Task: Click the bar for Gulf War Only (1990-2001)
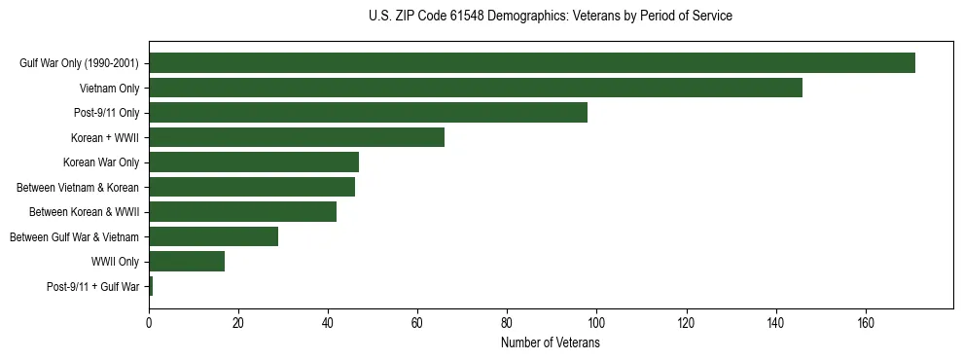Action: tap(532, 63)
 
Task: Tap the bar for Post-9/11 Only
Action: tap(368, 113)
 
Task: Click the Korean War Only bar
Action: tap(254, 162)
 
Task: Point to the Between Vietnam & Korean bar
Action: tap(252, 187)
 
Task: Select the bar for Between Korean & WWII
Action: tap(242, 212)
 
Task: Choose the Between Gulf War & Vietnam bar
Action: tap(213, 236)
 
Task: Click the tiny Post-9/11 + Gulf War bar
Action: tap(151, 286)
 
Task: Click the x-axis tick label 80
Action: tap(507, 324)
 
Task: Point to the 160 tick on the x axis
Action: tap(865, 324)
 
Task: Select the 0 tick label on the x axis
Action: tap(149, 324)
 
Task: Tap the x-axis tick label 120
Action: tap(686, 324)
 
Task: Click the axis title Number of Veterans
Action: tap(551, 343)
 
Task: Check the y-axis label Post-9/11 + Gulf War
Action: tap(93, 287)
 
